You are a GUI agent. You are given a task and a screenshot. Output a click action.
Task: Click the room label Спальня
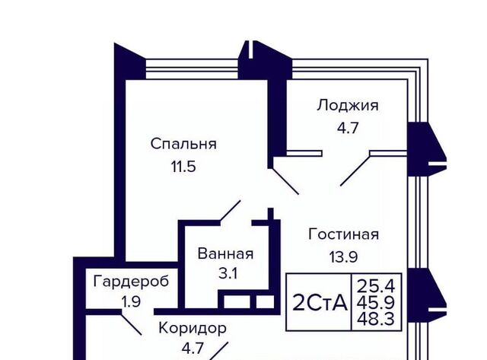tap(183, 144)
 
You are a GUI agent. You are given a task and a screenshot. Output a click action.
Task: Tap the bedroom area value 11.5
tap(183, 167)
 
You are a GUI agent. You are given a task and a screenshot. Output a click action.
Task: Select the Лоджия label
tap(348, 106)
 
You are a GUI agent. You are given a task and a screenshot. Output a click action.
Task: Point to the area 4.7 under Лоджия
tap(348, 128)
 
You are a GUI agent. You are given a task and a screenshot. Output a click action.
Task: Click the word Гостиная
tap(343, 234)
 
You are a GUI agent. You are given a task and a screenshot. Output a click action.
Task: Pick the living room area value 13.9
tap(343, 257)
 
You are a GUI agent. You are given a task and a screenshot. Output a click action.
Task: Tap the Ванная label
tap(225, 253)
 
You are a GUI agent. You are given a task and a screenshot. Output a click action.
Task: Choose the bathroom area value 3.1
tap(228, 274)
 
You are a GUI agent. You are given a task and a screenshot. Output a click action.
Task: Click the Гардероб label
tap(131, 282)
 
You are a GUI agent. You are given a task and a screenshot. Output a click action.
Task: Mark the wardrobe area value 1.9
tap(131, 302)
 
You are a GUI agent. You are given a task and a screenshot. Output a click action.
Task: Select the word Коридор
tap(193, 328)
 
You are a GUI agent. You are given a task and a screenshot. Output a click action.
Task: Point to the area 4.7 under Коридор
tap(193, 349)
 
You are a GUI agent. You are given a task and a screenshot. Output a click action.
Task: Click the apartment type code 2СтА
tap(320, 303)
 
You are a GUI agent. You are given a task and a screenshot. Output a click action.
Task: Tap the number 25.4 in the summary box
tap(376, 286)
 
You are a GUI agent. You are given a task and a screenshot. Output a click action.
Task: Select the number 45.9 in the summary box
tap(376, 302)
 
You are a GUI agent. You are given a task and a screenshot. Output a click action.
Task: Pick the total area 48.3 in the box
tap(376, 319)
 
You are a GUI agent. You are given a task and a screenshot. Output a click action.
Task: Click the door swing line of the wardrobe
tap(131, 323)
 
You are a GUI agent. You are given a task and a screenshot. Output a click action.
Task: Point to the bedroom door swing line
tap(230, 211)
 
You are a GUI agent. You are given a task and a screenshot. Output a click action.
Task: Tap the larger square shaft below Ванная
tap(237, 301)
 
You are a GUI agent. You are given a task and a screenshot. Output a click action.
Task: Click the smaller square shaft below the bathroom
tap(266, 301)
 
